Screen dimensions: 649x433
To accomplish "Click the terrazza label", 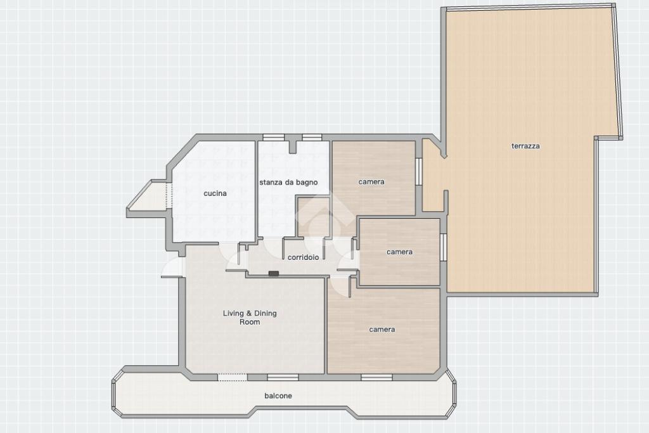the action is click(525, 146).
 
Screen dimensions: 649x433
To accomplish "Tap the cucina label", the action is click(215, 193).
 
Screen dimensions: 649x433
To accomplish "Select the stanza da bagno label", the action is click(288, 182).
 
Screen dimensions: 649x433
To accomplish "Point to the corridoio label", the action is click(303, 257).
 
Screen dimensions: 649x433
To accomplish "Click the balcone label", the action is click(278, 396).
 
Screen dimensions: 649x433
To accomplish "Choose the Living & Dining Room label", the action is click(250, 318).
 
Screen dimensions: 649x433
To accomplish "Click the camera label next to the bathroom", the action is click(371, 182).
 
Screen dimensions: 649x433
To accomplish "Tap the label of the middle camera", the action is click(399, 252).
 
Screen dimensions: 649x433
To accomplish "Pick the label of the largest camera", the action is click(382, 330).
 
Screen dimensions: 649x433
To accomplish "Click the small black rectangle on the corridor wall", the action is click(274, 273).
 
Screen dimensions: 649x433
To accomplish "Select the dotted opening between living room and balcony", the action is click(232, 377).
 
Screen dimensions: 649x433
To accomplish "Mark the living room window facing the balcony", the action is click(283, 377).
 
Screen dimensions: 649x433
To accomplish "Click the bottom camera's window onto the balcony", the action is click(376, 377).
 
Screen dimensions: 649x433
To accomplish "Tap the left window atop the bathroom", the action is click(274, 138).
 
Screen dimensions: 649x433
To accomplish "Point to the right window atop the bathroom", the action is click(312, 138).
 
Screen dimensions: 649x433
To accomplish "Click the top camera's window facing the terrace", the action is click(418, 171).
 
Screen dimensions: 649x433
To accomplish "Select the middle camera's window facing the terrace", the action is click(443, 247).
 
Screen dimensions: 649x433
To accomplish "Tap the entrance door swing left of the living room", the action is click(172, 267).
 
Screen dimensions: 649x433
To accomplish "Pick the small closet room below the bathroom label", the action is click(314, 217).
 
